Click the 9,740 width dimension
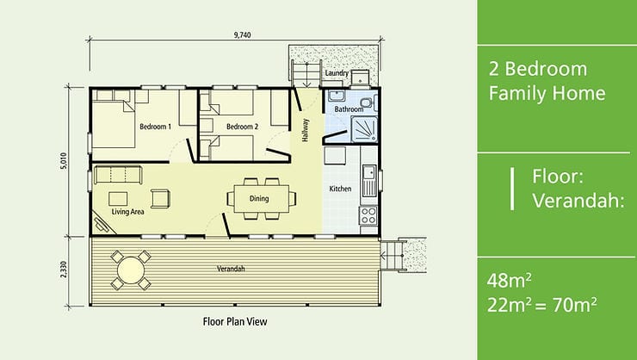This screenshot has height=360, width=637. (243, 34)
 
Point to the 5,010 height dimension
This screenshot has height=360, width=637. (64, 161)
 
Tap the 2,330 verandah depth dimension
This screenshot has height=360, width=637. (64, 270)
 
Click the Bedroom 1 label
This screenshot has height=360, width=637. (155, 127)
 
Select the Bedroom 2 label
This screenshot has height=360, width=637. (242, 127)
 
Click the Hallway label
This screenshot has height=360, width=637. (306, 130)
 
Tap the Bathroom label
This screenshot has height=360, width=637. (349, 109)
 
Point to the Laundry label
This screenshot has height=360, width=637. (337, 73)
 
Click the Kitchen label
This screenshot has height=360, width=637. (340, 189)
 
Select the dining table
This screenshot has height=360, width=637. (262, 198)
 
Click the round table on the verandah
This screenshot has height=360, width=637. (131, 270)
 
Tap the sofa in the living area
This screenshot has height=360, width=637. (118, 175)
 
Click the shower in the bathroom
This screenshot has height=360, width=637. (364, 129)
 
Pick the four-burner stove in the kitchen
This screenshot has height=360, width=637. (368, 215)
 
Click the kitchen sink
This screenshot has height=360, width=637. (369, 180)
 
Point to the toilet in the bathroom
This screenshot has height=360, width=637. (368, 102)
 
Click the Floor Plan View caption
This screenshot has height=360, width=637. (235, 321)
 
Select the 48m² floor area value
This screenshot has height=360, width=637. (509, 281)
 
